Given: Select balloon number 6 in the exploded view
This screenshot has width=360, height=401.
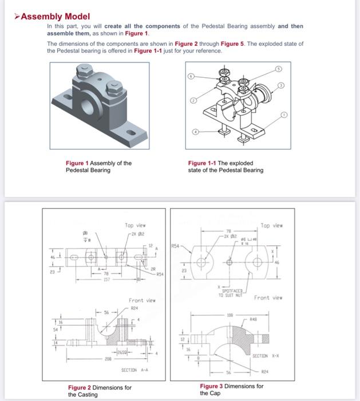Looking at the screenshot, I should pos(192,76).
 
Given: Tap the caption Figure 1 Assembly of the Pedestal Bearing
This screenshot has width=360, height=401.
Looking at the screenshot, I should pos(98,167).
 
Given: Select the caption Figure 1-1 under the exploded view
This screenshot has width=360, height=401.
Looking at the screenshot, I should pos(226,167).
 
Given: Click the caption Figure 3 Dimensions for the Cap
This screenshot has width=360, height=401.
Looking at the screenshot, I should pos(232,390).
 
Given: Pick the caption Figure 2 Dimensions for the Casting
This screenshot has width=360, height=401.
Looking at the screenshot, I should pos(100,391).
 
